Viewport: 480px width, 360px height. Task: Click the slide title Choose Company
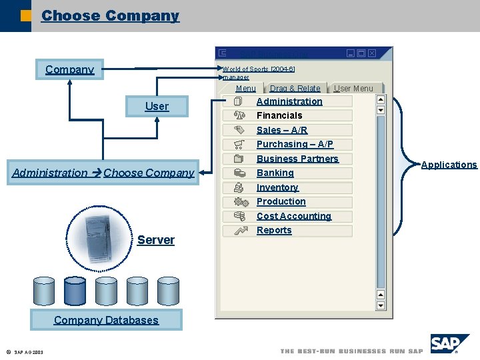tap(110, 16)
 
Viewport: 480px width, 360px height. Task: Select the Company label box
tap(69, 69)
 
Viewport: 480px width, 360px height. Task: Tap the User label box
tap(157, 106)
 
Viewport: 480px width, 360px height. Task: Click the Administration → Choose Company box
tap(103, 173)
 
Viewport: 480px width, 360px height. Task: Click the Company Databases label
tap(106, 320)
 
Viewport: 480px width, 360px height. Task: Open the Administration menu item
tap(289, 101)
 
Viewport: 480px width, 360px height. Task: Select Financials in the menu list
tap(279, 115)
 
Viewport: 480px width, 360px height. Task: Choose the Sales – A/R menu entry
tap(282, 130)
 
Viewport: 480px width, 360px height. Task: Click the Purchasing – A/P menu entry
tap(295, 144)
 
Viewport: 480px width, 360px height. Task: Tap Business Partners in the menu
tap(297, 159)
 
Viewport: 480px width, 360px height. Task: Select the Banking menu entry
tap(275, 173)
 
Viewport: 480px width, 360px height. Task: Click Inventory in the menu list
tap(277, 187)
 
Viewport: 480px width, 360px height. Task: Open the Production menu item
tap(281, 201)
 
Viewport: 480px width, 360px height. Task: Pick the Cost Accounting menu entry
tap(294, 216)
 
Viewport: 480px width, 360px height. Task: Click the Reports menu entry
tap(274, 230)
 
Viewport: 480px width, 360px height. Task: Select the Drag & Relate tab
tap(295, 88)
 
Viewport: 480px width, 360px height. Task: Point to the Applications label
tap(449, 165)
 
